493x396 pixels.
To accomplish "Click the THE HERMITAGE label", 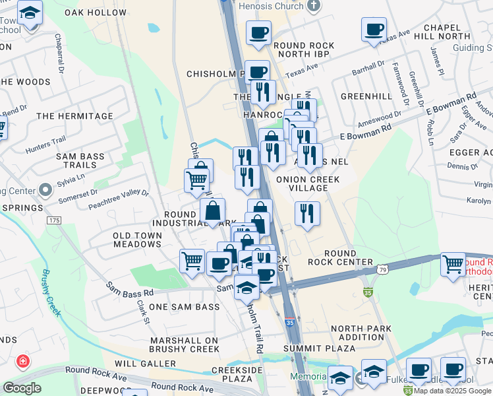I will pos(75,116).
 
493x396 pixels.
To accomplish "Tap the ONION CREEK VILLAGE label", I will pos(308,183).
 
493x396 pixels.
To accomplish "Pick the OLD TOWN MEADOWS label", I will pos(137,240).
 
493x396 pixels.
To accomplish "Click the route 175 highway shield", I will pos(53,219).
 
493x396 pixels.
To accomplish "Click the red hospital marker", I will pos(23,362).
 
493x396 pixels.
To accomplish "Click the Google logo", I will pos(22,388).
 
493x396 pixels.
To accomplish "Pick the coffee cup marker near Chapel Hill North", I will pos(374,30).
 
